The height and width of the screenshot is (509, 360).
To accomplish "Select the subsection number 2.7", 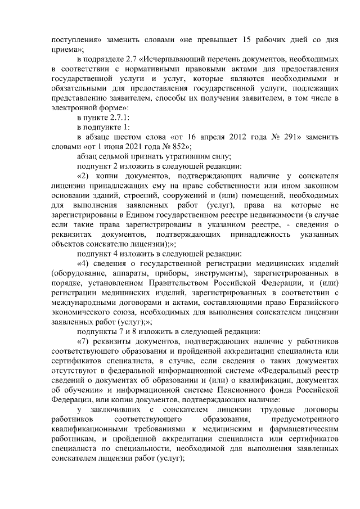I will click(x=133, y=58).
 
